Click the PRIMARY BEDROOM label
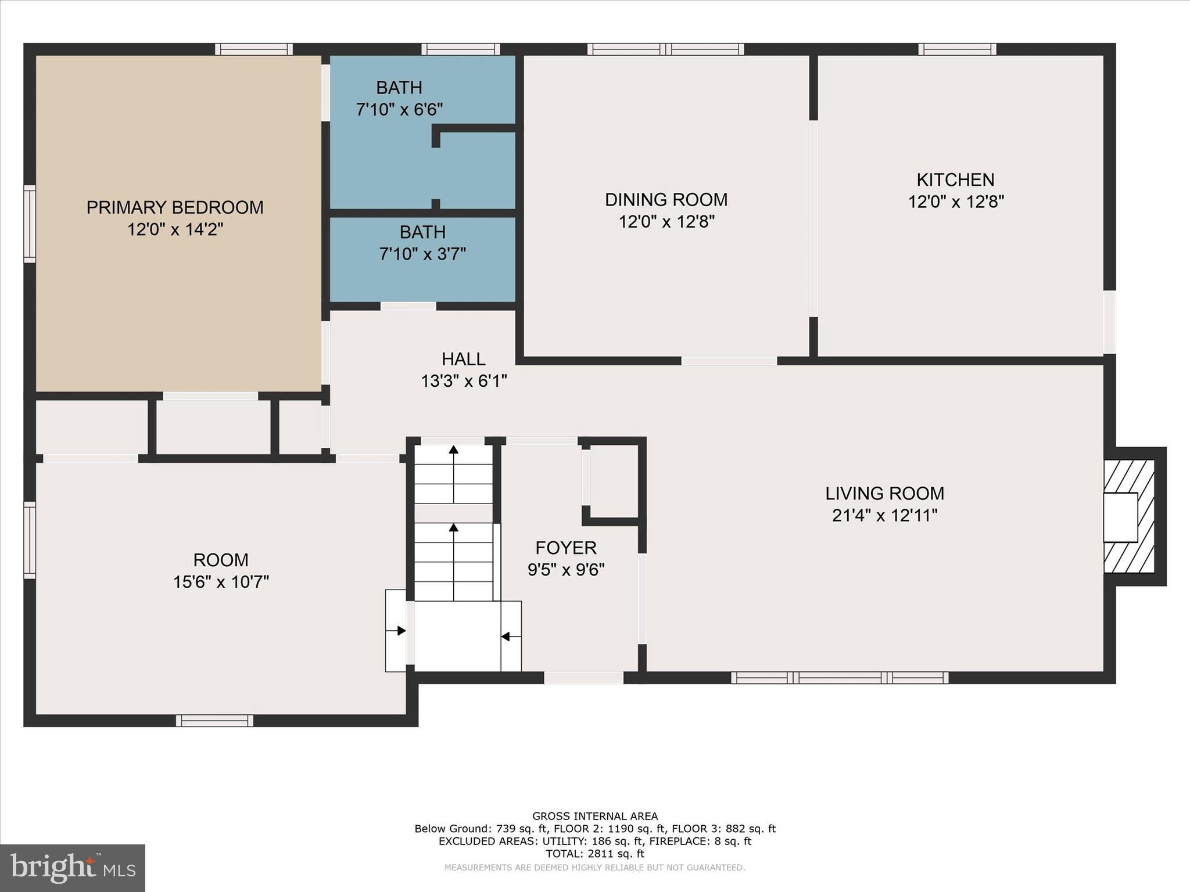(175, 207)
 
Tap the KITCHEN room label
(955, 179)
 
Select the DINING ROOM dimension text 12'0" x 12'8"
(666, 222)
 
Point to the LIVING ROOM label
(884, 494)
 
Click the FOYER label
(565, 548)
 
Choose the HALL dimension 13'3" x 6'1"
(464, 381)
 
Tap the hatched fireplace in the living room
(1129, 516)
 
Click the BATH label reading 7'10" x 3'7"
(422, 243)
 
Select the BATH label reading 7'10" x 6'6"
(399, 98)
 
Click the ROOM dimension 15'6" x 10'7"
(221, 582)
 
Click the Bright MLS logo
(73, 868)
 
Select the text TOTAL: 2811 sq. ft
(594, 854)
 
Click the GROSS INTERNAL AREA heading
(594, 816)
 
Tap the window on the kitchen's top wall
(957, 49)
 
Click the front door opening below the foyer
(583, 678)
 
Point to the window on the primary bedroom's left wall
(29, 224)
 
